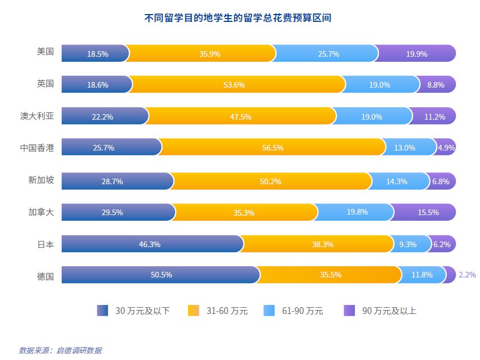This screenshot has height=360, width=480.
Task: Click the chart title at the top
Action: coord(237,18)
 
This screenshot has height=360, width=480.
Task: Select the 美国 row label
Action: coord(45,52)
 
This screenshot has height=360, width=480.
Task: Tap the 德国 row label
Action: coord(45,276)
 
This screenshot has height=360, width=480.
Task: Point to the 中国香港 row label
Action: coord(37,148)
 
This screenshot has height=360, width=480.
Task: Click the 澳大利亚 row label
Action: coord(37,116)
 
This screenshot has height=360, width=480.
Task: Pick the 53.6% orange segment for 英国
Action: coord(239,85)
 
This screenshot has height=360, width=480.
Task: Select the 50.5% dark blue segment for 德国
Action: coord(161,275)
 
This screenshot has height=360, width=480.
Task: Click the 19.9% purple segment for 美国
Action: coord(416,54)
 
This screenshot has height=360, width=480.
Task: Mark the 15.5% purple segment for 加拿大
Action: coord(424,213)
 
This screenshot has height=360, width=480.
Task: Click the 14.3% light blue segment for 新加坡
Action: coord(400,181)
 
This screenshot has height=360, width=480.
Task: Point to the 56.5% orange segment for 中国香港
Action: coord(273,148)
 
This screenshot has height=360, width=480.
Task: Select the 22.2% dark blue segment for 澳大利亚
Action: coord(104,117)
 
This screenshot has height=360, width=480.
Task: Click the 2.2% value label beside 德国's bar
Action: coord(467,275)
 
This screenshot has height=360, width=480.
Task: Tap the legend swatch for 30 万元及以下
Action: coord(102,311)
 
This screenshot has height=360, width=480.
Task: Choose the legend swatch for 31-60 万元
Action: coord(193,311)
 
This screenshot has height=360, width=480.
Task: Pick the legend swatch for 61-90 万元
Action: coord(269,311)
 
